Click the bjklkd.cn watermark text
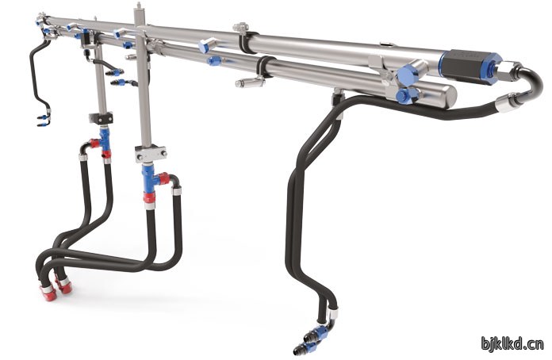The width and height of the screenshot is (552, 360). (x=512, y=343)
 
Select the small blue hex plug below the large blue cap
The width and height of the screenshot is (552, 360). (x=404, y=95)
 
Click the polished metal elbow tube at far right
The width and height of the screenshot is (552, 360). (x=528, y=79)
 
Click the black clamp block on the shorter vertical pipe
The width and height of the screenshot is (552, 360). (x=101, y=117)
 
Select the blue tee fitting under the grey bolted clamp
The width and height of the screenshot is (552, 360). (x=150, y=178)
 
